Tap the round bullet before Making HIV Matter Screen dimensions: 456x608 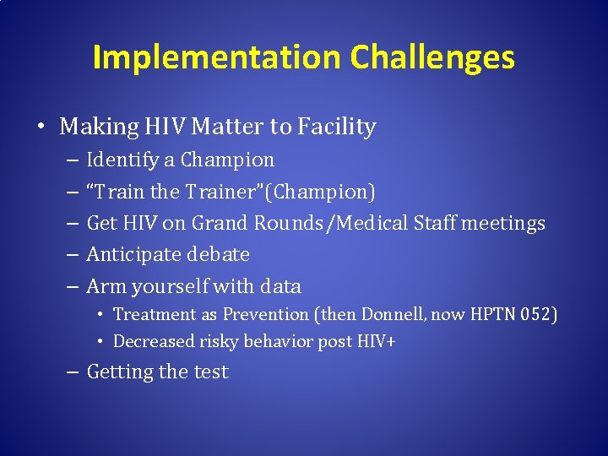(x=41, y=128)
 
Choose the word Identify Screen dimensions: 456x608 (x=121, y=160)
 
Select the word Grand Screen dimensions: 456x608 (x=217, y=223)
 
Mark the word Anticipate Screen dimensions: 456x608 (x=134, y=254)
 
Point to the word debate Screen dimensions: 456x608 (x=219, y=254)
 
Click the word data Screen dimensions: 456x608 (x=280, y=286)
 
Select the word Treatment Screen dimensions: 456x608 (x=154, y=314)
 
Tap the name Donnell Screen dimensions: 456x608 (x=393, y=314)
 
